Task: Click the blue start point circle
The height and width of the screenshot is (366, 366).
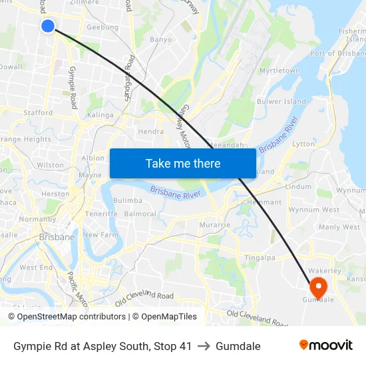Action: (47, 26)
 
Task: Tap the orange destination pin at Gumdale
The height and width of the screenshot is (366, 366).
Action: (318, 287)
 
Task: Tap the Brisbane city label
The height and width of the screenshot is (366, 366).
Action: (57, 236)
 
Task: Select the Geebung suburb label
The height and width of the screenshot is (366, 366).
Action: (102, 27)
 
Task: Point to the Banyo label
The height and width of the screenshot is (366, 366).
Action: (160, 40)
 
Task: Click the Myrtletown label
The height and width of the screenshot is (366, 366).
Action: (279, 71)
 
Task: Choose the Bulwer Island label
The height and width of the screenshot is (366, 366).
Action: (281, 102)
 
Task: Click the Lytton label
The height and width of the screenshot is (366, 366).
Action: (303, 144)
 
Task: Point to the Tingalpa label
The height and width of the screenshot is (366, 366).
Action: (260, 258)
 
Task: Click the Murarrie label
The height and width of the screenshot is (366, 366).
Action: (214, 225)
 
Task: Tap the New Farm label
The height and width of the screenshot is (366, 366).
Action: (100, 235)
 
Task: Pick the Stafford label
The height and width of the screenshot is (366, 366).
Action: (38, 113)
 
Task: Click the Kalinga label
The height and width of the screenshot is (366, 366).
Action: (100, 115)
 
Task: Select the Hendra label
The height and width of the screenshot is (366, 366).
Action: (150, 132)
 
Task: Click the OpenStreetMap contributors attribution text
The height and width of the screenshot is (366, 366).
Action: (67, 317)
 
